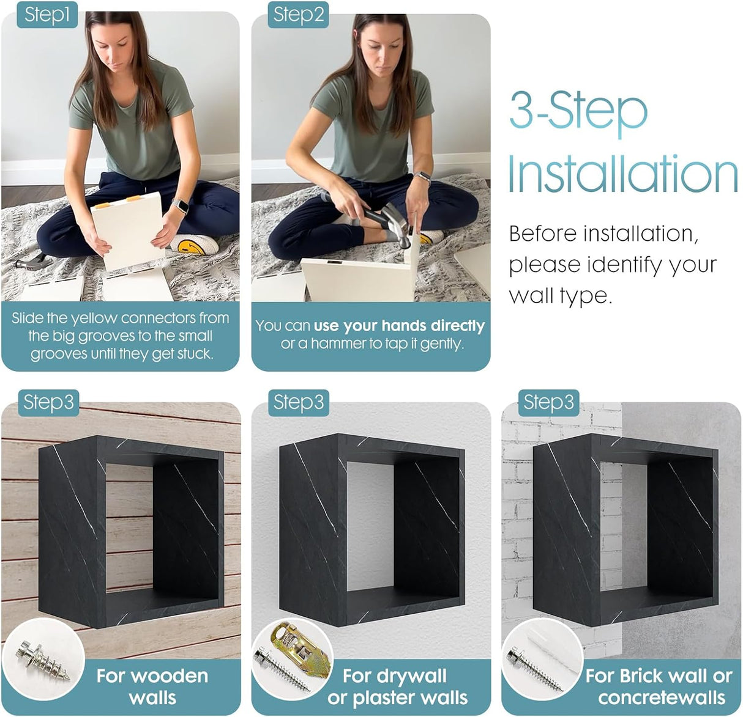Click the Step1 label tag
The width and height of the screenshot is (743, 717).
(47, 15)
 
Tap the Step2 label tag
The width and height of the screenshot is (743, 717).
(298, 15)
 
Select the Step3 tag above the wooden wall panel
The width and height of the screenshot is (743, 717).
(48, 403)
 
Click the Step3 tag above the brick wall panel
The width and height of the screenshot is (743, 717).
(548, 403)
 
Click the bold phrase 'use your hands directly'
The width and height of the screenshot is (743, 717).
(399, 326)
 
